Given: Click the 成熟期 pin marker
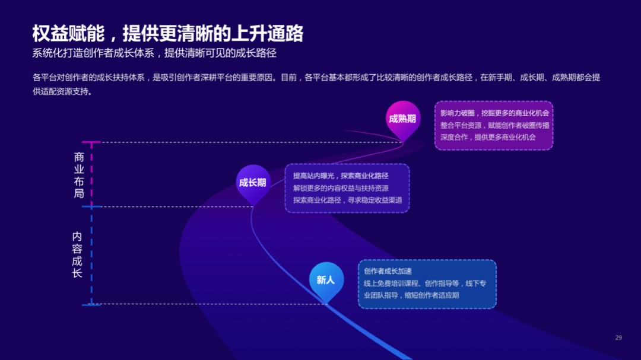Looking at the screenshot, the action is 402,118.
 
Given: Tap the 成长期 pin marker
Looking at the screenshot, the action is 253,182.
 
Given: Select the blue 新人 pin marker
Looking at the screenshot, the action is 326,280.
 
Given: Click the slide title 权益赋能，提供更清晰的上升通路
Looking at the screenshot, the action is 167,33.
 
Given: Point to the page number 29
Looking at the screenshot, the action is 618,337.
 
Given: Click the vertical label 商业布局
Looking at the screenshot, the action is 79,175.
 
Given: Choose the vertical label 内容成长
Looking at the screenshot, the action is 77,254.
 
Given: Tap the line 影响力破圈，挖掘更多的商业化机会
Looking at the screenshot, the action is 494,113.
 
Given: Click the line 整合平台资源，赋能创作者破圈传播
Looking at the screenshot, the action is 494,125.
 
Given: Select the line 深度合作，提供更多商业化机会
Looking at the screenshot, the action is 488,137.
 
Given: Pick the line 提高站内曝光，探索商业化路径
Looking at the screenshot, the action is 341,176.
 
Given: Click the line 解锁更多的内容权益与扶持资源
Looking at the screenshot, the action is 341,188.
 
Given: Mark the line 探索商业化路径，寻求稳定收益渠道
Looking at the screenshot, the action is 347,200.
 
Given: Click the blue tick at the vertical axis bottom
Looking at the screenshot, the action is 91,304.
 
